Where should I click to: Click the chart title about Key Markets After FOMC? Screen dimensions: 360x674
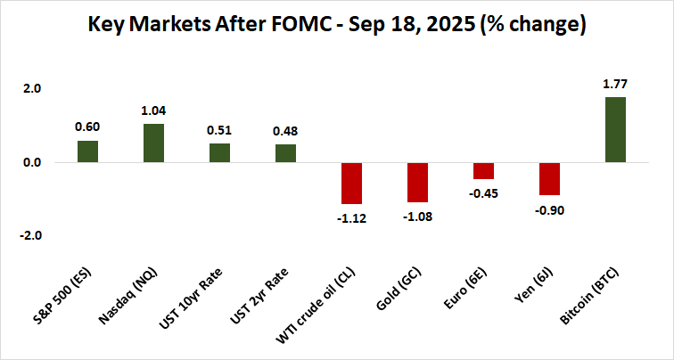click(337, 26)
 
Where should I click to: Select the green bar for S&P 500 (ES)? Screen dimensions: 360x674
click(87, 151)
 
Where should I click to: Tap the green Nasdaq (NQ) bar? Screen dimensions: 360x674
click(153, 143)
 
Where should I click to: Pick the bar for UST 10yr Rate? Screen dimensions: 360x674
click(219, 153)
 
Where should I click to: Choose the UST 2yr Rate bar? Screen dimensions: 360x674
click(285, 153)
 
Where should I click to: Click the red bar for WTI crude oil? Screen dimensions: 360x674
click(351, 183)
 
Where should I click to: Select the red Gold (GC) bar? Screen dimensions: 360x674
click(417, 182)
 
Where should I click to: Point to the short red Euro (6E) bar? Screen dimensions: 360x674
click(483, 171)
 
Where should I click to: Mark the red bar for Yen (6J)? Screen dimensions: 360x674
click(549, 179)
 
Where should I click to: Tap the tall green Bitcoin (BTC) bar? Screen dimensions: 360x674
click(615, 130)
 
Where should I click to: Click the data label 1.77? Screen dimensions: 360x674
click(615, 85)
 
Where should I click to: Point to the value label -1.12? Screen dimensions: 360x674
click(351, 216)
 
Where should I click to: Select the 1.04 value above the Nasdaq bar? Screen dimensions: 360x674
click(153, 111)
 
